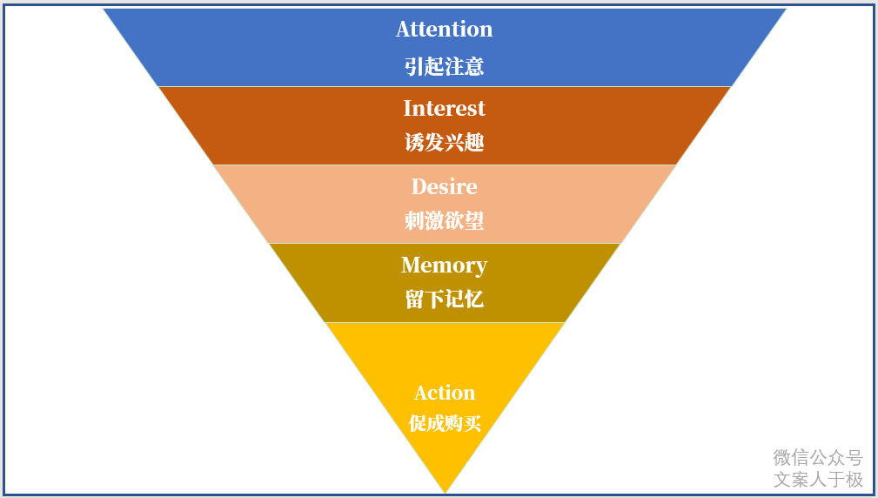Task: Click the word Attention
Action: click(x=444, y=30)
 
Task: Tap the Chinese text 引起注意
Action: click(x=444, y=66)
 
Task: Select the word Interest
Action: click(x=444, y=108)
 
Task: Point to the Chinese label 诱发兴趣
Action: click(x=444, y=143)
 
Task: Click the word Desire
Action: click(x=444, y=186)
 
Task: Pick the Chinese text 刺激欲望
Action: click(x=444, y=221)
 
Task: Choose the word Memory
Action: click(x=444, y=266)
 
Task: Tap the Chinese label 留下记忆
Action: click(x=444, y=300)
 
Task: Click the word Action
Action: click(x=444, y=393)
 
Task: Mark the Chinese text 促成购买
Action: click(x=445, y=424)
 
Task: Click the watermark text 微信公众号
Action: click(x=817, y=458)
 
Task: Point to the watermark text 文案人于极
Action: click(x=817, y=480)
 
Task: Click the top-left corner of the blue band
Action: click(x=104, y=10)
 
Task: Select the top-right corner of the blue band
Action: click(x=786, y=10)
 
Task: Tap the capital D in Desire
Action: click(x=419, y=186)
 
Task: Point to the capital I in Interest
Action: click(x=407, y=108)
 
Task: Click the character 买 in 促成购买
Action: click(x=472, y=424)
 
